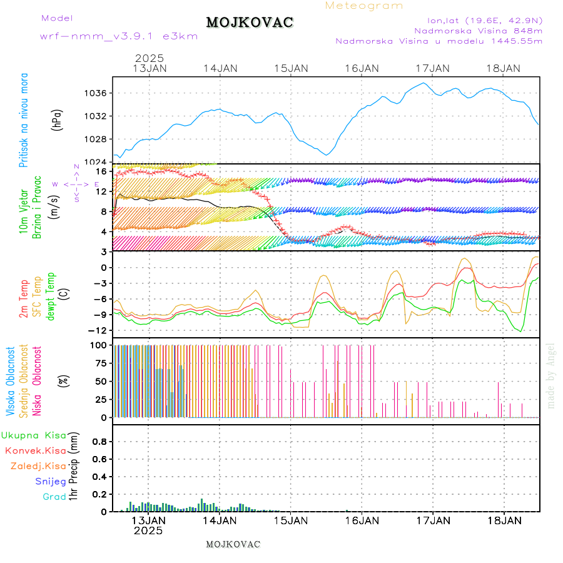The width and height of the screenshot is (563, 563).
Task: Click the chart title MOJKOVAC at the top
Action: pos(250,23)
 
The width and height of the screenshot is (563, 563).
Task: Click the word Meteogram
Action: pos(364,6)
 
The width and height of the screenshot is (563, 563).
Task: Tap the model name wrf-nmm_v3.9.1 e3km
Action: pos(119,36)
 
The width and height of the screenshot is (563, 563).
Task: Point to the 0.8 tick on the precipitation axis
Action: pos(99,441)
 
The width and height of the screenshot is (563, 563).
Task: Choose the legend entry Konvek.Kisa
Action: pos(35,450)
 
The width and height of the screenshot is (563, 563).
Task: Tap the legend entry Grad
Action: pos(54,497)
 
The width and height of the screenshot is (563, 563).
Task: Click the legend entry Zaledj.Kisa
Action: pos(38,466)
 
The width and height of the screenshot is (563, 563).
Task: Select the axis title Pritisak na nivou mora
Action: pos(24,119)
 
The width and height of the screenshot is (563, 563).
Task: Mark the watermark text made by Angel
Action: pos(551,375)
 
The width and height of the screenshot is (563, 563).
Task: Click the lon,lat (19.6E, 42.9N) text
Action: pos(485,20)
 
